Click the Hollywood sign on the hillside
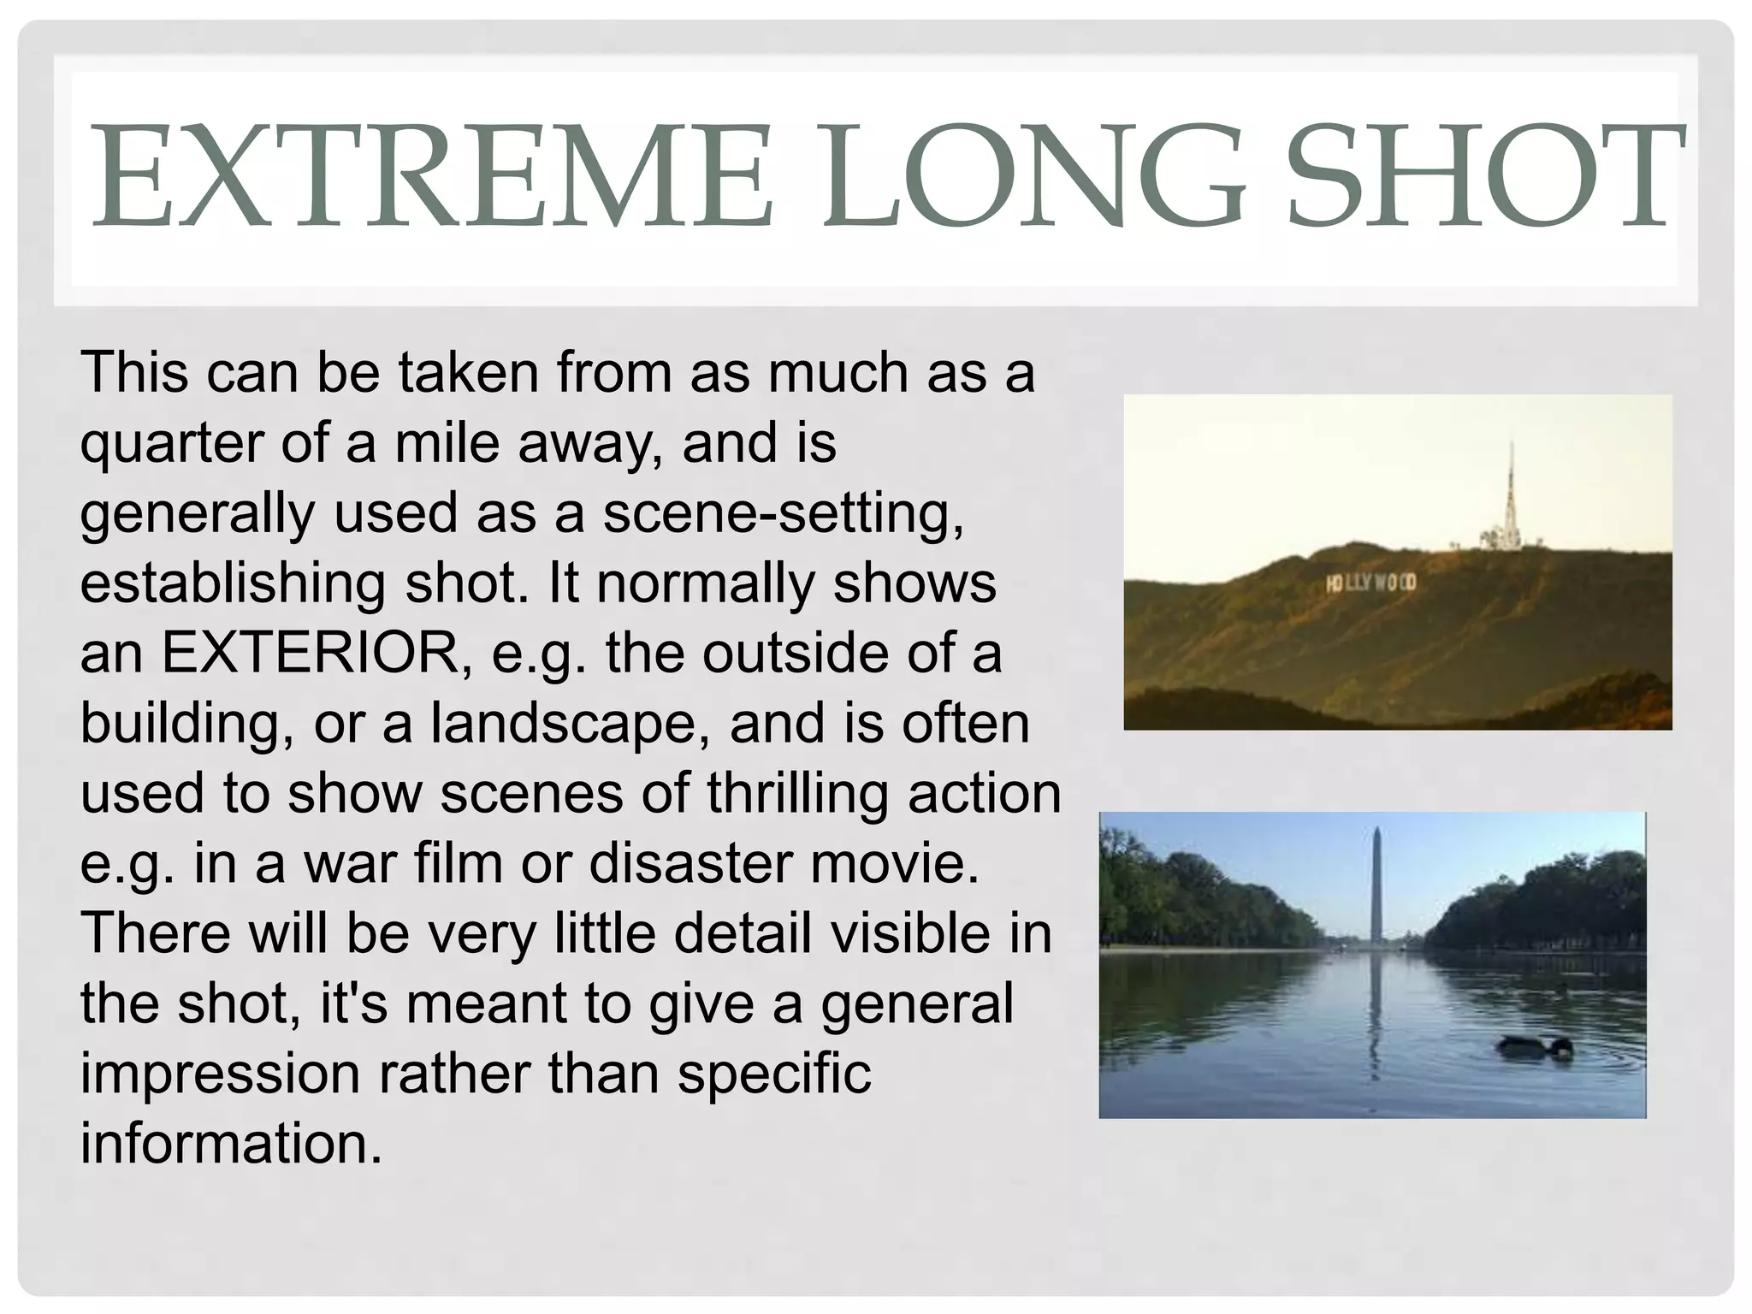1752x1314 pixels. pos(1371,583)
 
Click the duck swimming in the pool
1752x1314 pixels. pos(1535,1047)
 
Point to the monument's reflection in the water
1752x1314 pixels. pos(1375,1009)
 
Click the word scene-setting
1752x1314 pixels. pos(783,513)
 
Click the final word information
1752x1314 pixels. pos(231,1145)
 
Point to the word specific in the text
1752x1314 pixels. pos(774,1074)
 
